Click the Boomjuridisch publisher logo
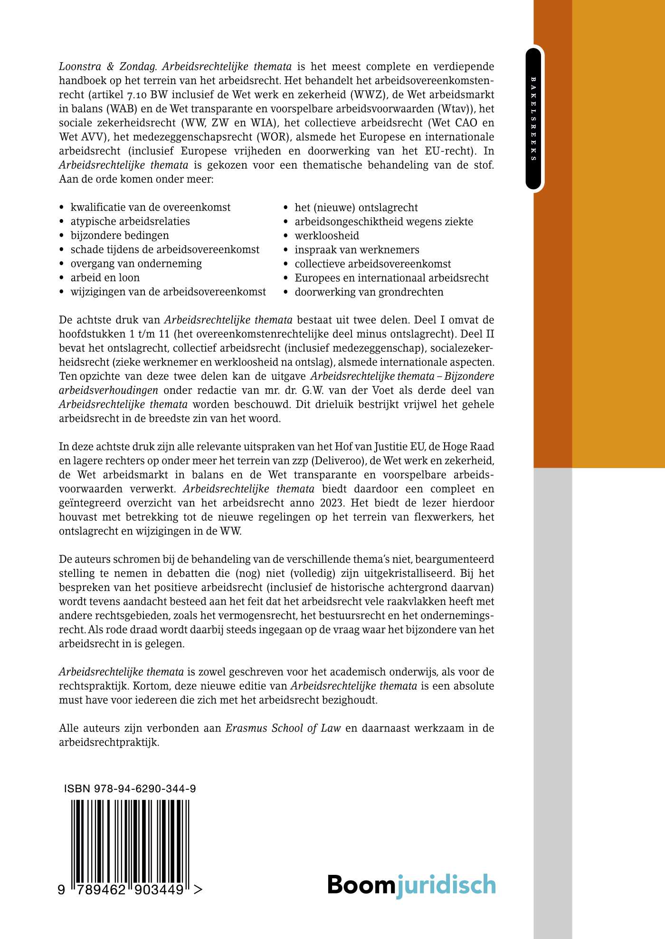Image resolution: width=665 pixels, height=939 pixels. tap(411, 885)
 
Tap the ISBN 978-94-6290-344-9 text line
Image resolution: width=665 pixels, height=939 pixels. tap(130, 789)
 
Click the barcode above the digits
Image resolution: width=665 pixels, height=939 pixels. tap(130, 841)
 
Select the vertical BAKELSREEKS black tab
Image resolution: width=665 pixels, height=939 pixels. tap(533, 118)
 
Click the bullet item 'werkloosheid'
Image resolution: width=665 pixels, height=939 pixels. tap(327, 236)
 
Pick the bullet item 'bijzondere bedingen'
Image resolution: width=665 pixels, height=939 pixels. tap(120, 235)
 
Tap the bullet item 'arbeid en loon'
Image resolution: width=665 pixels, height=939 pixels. tap(105, 278)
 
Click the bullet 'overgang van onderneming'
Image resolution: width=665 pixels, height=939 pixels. tap(136, 263)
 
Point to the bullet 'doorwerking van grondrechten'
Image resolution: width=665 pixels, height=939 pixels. tap(369, 292)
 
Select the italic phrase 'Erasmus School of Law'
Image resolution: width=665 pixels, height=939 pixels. tap(283, 728)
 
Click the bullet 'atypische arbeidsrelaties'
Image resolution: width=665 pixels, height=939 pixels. tap(130, 221)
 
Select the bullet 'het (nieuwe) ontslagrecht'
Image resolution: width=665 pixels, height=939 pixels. tap(356, 208)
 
